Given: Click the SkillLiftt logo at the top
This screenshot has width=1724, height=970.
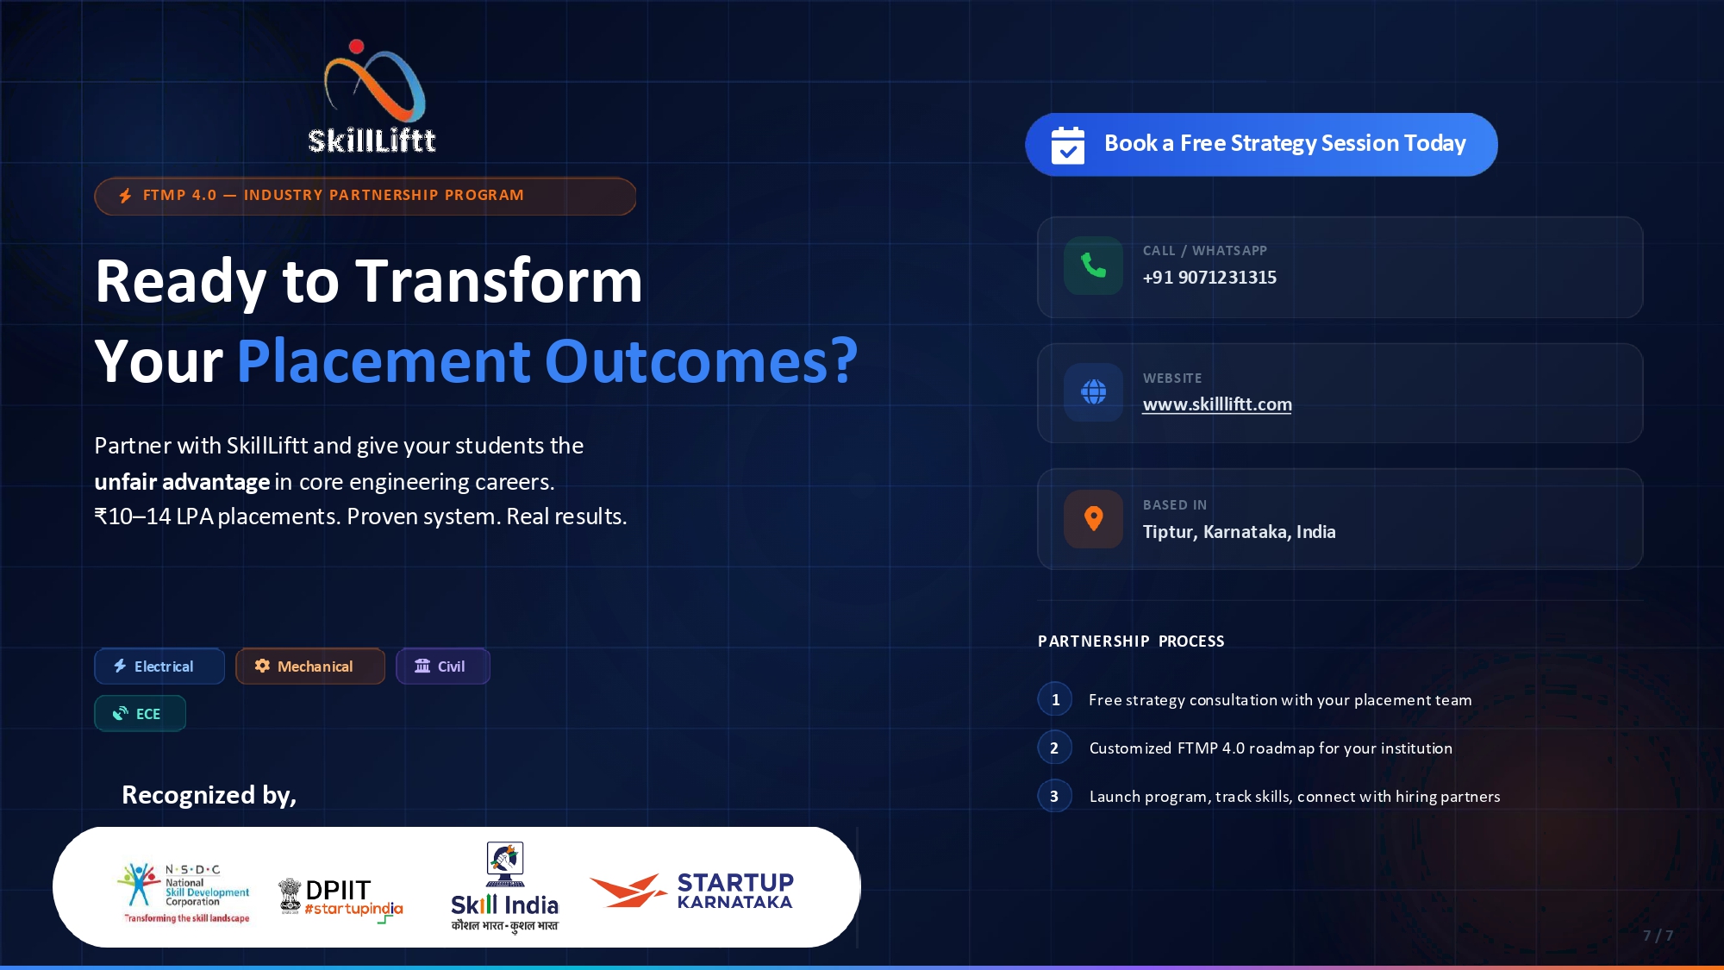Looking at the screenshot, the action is click(372, 97).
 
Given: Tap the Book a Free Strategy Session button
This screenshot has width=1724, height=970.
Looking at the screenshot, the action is click(1261, 144).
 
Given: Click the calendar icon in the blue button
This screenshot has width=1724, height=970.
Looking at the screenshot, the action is click(1068, 145).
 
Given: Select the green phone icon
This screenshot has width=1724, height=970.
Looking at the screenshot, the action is click(1093, 266).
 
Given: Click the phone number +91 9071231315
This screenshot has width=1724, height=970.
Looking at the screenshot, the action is click(1209, 278).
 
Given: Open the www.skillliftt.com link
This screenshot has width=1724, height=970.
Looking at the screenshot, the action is click(1217, 404).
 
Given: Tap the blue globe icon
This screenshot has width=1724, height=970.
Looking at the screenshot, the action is click(1093, 392).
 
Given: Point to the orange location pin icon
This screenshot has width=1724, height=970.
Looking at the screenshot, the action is click(1093, 519).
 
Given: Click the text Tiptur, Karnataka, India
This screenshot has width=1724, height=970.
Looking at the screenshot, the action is click(1240, 532).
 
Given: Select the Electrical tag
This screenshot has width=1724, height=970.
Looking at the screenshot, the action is click(159, 666).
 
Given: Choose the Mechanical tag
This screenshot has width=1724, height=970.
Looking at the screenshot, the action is click(310, 666).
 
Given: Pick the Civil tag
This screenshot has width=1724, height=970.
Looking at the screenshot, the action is click(443, 666).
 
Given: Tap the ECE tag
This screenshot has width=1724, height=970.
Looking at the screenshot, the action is click(140, 714).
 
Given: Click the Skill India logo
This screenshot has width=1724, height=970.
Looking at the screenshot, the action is click(505, 887).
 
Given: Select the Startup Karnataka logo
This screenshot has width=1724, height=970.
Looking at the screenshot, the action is click(691, 891).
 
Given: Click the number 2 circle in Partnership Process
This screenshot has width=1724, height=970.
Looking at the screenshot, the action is click(1054, 748).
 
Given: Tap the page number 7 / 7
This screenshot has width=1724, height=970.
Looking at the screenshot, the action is click(1658, 936).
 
